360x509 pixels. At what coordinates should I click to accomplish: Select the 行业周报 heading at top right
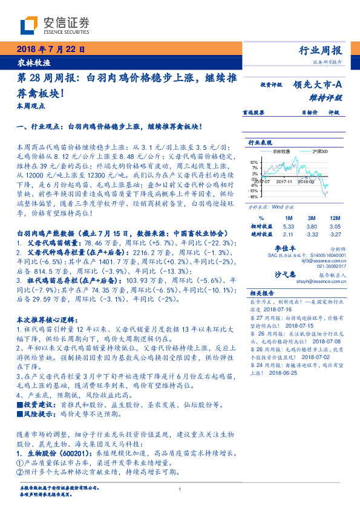tap(321, 51)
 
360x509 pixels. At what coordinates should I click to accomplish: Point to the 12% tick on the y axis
tap(254, 163)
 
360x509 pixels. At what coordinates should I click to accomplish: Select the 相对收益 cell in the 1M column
tap(287, 225)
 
